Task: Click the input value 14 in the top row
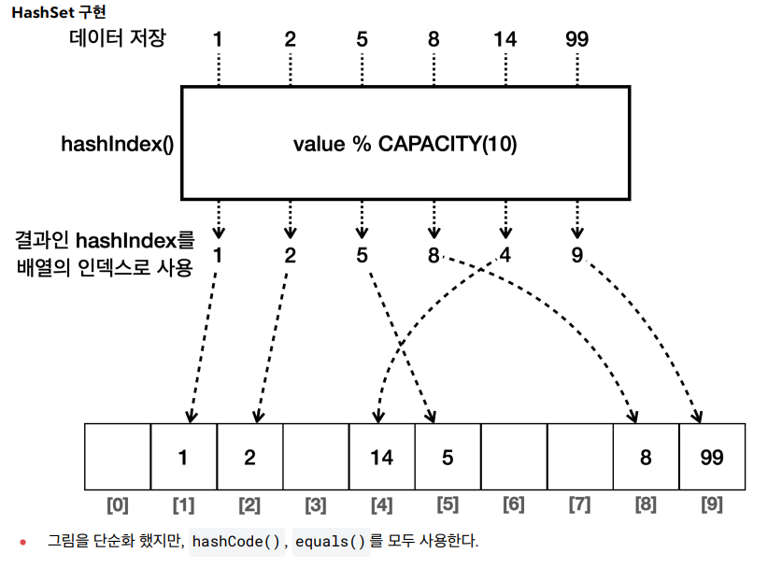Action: (505, 39)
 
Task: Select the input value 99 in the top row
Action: (577, 39)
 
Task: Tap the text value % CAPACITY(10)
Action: (405, 144)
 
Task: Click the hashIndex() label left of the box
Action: (117, 144)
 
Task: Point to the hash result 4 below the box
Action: (505, 255)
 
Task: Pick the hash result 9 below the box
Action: (577, 255)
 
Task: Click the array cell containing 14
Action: (382, 457)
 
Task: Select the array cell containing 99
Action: (712, 457)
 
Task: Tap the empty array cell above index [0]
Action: (118, 457)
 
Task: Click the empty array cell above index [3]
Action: (316, 457)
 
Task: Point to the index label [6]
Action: (514, 504)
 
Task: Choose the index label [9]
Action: (712, 504)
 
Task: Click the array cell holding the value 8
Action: (646, 457)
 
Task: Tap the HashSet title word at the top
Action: (36, 12)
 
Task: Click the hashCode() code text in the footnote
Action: (236, 542)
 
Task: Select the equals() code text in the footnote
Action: (331, 542)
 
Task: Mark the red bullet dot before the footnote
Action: (23, 542)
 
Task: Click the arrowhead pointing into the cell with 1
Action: (192, 417)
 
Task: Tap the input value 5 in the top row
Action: (363, 39)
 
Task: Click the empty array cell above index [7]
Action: (580, 457)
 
